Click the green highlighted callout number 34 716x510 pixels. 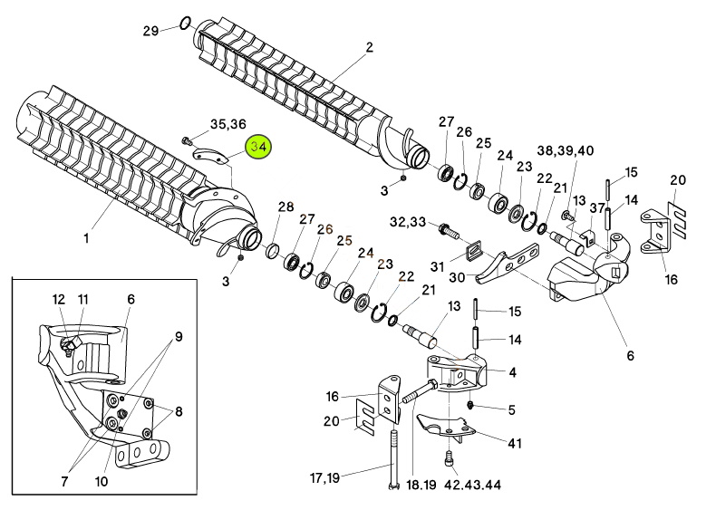(259, 147)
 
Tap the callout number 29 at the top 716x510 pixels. (151, 30)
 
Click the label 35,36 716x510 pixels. (227, 124)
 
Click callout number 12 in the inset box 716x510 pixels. (58, 299)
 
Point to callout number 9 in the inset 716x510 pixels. (179, 337)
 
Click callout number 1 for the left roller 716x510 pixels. (86, 239)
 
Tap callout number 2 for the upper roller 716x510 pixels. (369, 47)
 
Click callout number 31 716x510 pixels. (437, 266)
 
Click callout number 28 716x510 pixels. (285, 207)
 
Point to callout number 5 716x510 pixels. (511, 410)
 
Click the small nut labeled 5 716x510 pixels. (472, 403)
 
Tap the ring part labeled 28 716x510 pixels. (271, 249)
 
